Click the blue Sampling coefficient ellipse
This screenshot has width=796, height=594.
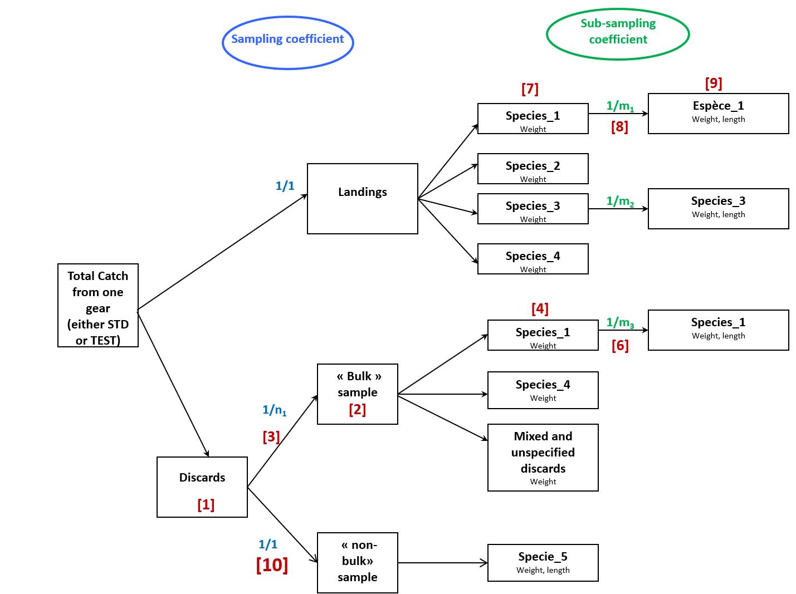[287, 42]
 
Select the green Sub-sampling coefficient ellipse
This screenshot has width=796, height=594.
[618, 34]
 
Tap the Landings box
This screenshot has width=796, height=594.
[362, 198]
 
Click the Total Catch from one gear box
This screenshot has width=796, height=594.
[98, 305]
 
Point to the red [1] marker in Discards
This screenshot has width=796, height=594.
[206, 504]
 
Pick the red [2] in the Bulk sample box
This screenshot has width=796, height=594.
[357, 410]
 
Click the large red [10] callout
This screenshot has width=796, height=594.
[272, 565]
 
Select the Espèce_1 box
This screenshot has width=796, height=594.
[718, 113]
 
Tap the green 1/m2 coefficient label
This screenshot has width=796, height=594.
[620, 201]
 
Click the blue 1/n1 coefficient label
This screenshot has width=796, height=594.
[274, 410]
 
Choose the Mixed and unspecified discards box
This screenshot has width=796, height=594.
[543, 457]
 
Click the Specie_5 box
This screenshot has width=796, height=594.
[543, 562]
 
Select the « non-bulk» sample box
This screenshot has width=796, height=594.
[357, 562]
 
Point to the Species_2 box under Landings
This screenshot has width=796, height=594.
[533, 168]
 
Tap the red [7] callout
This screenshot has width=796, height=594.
[530, 89]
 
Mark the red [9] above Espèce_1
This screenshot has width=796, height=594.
[713, 84]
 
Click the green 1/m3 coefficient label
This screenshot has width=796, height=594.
[620, 322]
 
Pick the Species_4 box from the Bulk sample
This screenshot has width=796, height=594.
[543, 390]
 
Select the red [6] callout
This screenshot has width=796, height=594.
[620, 346]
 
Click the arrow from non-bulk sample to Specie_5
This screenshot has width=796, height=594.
[442, 563]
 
